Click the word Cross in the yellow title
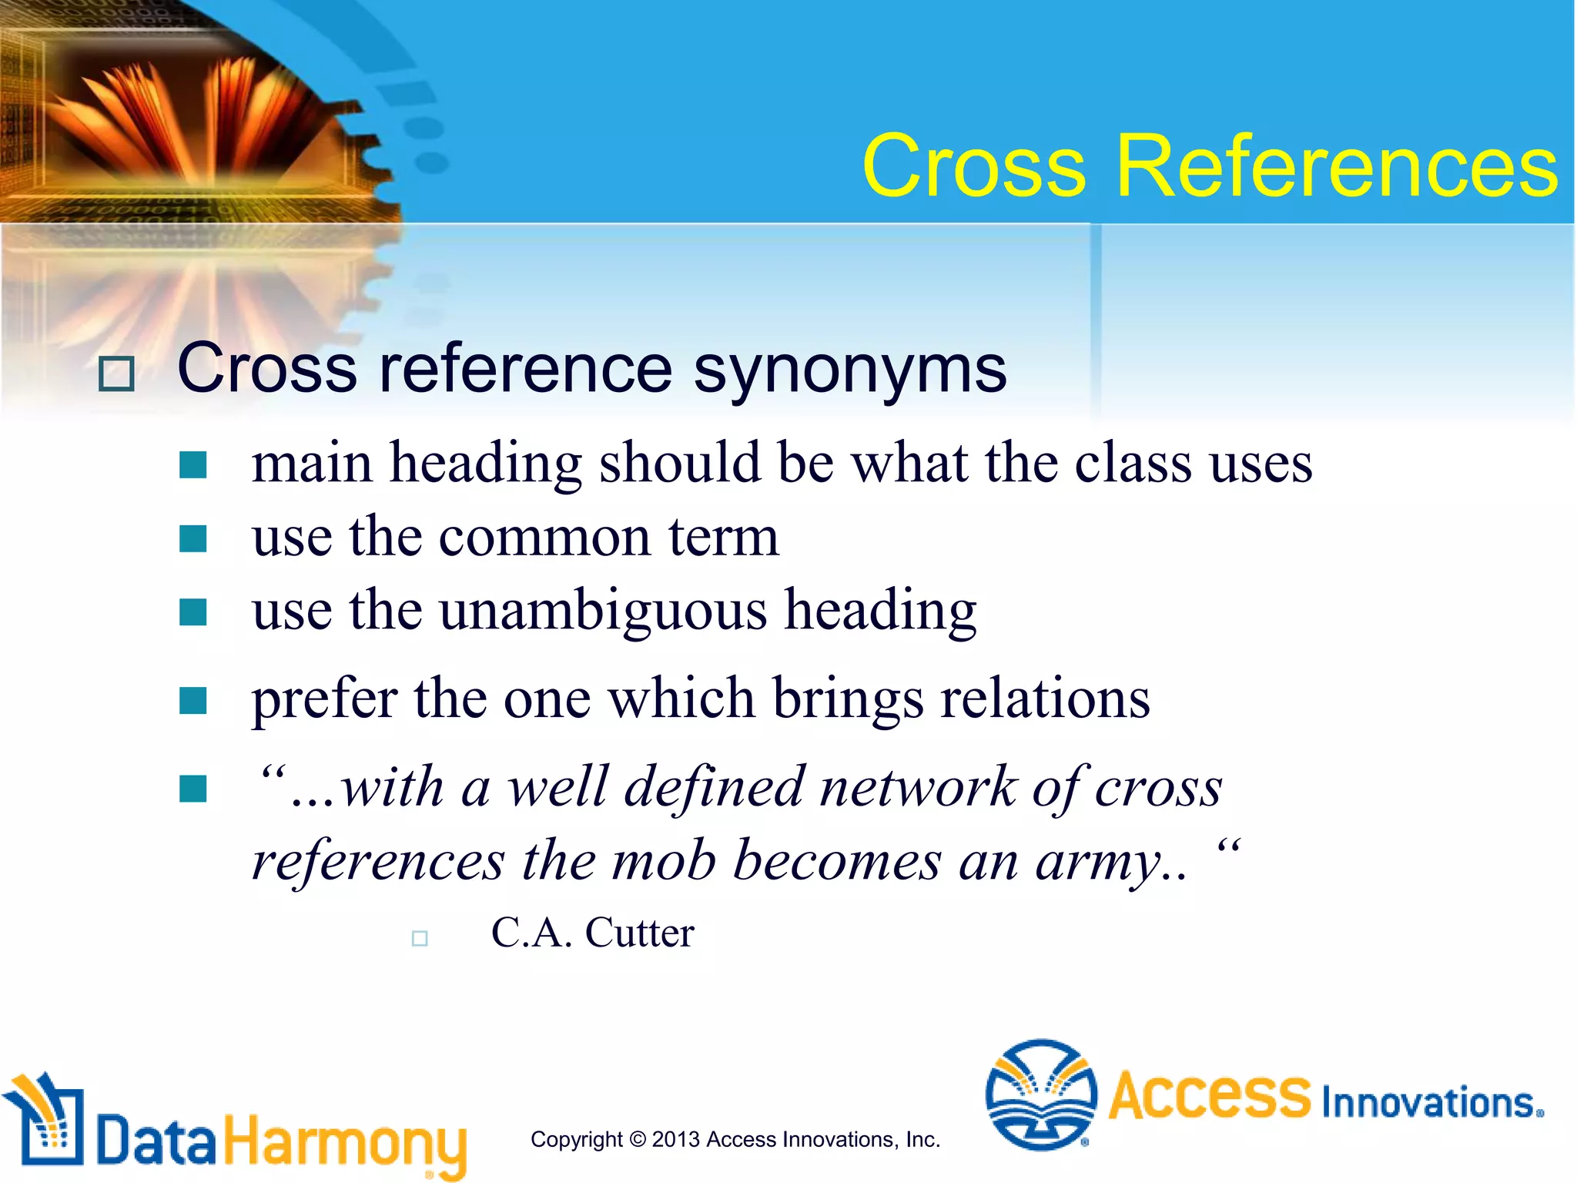point(974,166)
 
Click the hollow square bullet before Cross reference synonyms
point(116,374)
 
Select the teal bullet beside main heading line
point(193,465)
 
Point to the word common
point(544,537)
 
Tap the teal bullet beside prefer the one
point(193,701)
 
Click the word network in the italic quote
point(918,788)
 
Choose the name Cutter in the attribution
point(639,933)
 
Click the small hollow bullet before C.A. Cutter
point(420,938)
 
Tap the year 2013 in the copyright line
point(675,1140)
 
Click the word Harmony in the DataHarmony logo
point(344,1142)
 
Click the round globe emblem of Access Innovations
point(1041,1094)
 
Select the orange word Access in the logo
point(1210,1095)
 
